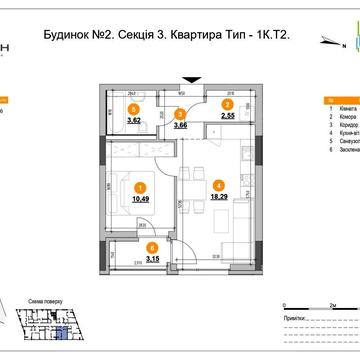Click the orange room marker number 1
pos(140,186)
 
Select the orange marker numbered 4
pos(217,184)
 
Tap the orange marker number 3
pos(180,114)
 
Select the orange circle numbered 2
pos(227,104)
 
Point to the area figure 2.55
pos(227,117)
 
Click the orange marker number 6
pos(151,247)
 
